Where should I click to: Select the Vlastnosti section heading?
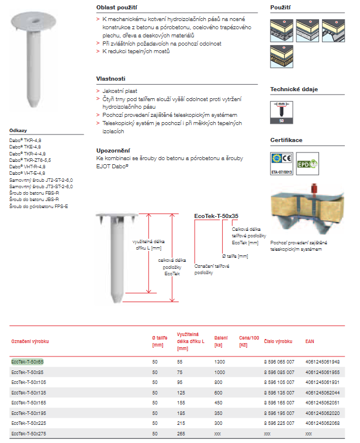[110, 78]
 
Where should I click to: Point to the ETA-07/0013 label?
[281, 173]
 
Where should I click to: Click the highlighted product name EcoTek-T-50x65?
[27, 362]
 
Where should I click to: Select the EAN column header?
[310, 341]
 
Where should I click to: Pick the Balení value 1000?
[219, 372]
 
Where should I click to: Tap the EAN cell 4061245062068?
[322, 423]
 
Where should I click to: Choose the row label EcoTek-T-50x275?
[29, 433]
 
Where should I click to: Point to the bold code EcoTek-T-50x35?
[216, 216]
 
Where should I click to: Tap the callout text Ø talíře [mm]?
[235, 256]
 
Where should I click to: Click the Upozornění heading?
[113, 150]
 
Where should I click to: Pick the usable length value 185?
[180, 413]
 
